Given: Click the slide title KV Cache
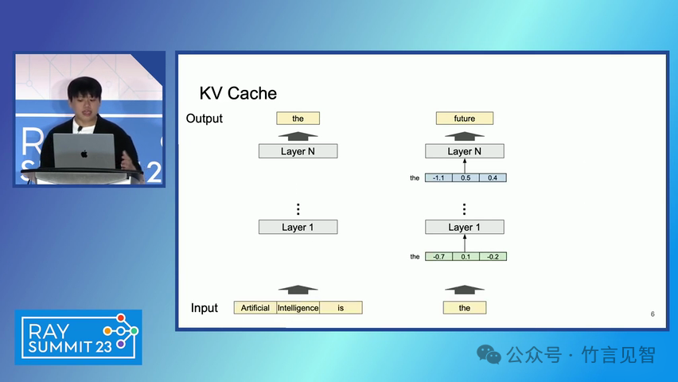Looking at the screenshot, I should click(x=238, y=93).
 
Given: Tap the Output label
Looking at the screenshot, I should click(x=205, y=119).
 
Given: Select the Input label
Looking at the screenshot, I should click(x=205, y=308).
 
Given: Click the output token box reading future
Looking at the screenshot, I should click(x=465, y=119).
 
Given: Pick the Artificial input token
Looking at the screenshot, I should click(x=255, y=307).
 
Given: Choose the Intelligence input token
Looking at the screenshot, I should click(x=298, y=307).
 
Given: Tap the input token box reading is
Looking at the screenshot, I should click(x=341, y=307).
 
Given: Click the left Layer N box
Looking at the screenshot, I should click(x=298, y=150).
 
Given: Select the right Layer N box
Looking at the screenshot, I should click(x=465, y=150).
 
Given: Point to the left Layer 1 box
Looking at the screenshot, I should click(x=298, y=227).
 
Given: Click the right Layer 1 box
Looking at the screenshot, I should click(x=465, y=227).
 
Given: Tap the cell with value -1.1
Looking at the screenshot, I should click(x=438, y=177).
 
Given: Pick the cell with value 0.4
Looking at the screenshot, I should click(x=493, y=177).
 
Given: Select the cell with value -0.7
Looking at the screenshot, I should click(x=438, y=256).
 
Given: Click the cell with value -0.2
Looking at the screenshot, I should click(x=493, y=256).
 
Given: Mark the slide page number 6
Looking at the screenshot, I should click(x=653, y=314).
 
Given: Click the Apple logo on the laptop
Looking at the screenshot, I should click(x=84, y=153).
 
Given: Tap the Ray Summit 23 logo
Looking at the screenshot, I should click(x=78, y=337).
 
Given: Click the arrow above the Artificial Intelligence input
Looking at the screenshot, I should click(x=298, y=288).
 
